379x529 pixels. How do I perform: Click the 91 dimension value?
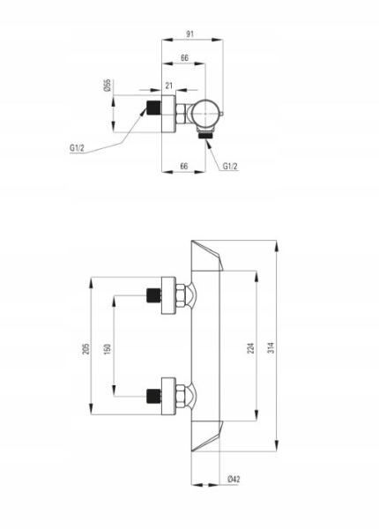[190, 34]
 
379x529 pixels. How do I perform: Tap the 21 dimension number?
[168, 86]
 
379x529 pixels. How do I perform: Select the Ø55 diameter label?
[108, 86]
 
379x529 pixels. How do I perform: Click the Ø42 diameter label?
[234, 479]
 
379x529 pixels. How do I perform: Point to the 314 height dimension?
[271, 347]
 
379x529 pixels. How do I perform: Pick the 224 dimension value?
[251, 348]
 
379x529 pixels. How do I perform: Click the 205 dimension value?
[86, 349]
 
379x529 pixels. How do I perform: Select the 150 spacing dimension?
[107, 349]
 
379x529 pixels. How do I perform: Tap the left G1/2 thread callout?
[78, 148]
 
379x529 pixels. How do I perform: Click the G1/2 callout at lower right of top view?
[230, 167]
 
